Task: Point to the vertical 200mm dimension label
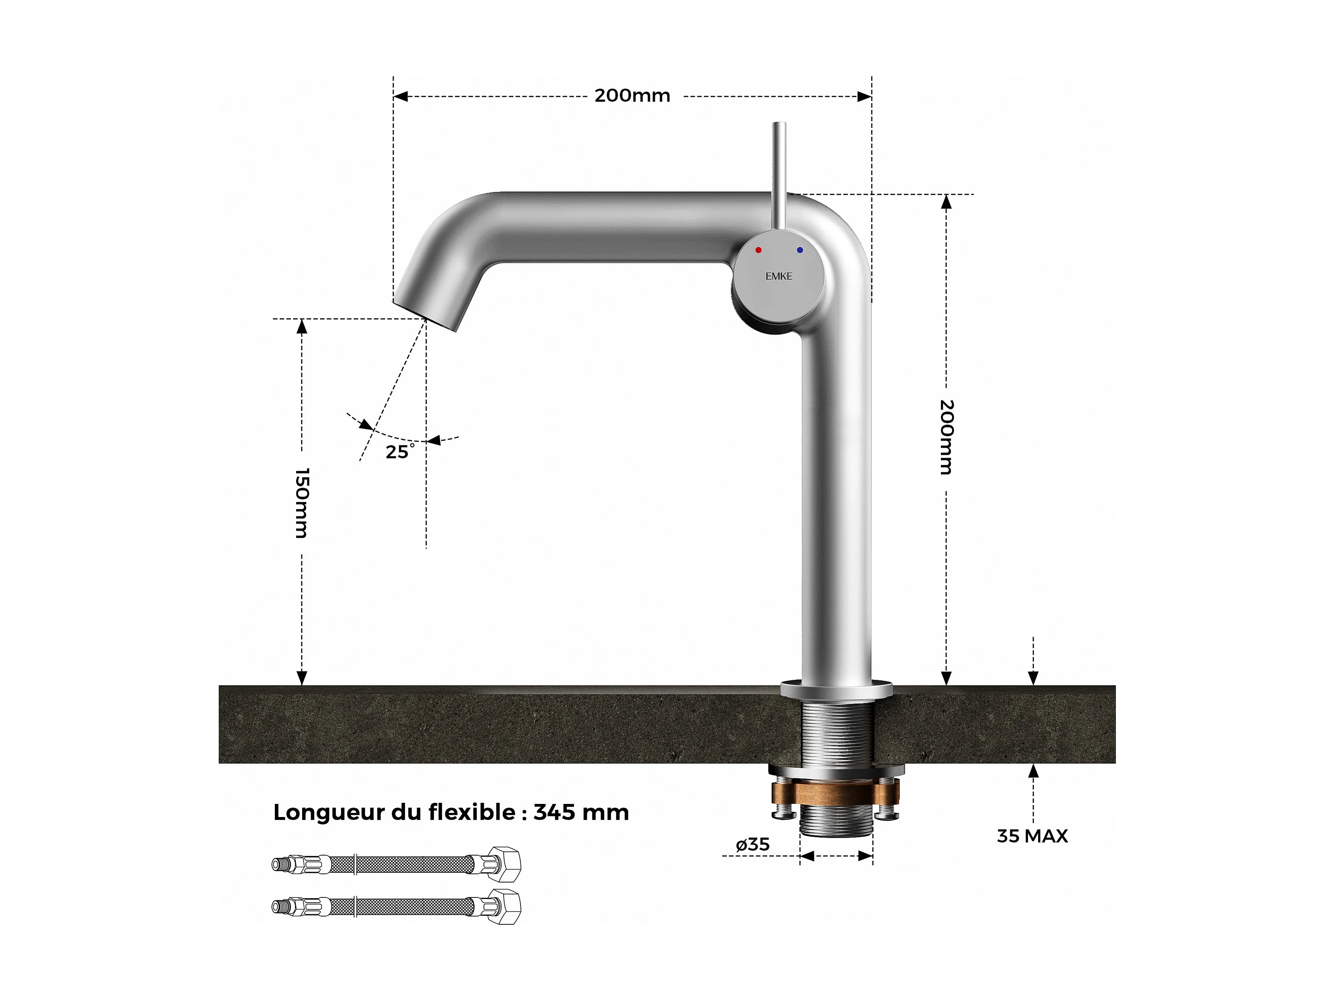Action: (946, 437)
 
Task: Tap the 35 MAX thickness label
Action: (1032, 836)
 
